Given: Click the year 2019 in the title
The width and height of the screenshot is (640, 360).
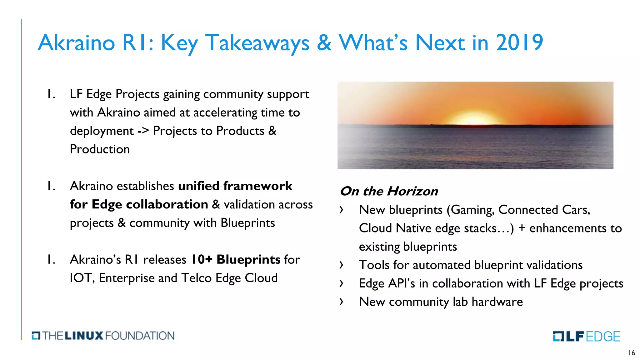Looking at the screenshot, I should (519, 42).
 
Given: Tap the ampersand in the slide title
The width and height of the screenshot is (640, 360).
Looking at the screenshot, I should (324, 42).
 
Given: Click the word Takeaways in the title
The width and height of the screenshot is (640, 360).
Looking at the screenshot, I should (257, 42).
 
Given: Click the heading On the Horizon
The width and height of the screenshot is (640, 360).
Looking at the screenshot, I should (389, 191).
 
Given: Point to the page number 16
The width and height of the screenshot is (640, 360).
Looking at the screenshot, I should (632, 353).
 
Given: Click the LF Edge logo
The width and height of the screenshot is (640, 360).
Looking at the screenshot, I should (586, 336).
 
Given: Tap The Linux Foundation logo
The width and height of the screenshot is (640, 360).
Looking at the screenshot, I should (103, 336).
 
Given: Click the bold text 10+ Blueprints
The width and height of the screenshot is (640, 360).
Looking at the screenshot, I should (235, 259).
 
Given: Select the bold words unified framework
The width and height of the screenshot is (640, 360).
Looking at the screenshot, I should (235, 186).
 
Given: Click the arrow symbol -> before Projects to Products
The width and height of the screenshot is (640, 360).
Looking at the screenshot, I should (143, 131).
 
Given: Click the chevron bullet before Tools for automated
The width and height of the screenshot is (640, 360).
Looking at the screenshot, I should (341, 265).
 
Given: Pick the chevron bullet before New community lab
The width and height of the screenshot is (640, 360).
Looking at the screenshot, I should (341, 302).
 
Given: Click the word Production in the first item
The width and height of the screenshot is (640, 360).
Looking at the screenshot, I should (100, 149).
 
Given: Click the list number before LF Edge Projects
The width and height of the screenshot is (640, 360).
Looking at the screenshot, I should (51, 94).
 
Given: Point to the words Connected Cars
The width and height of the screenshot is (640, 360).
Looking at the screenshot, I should (544, 210).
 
